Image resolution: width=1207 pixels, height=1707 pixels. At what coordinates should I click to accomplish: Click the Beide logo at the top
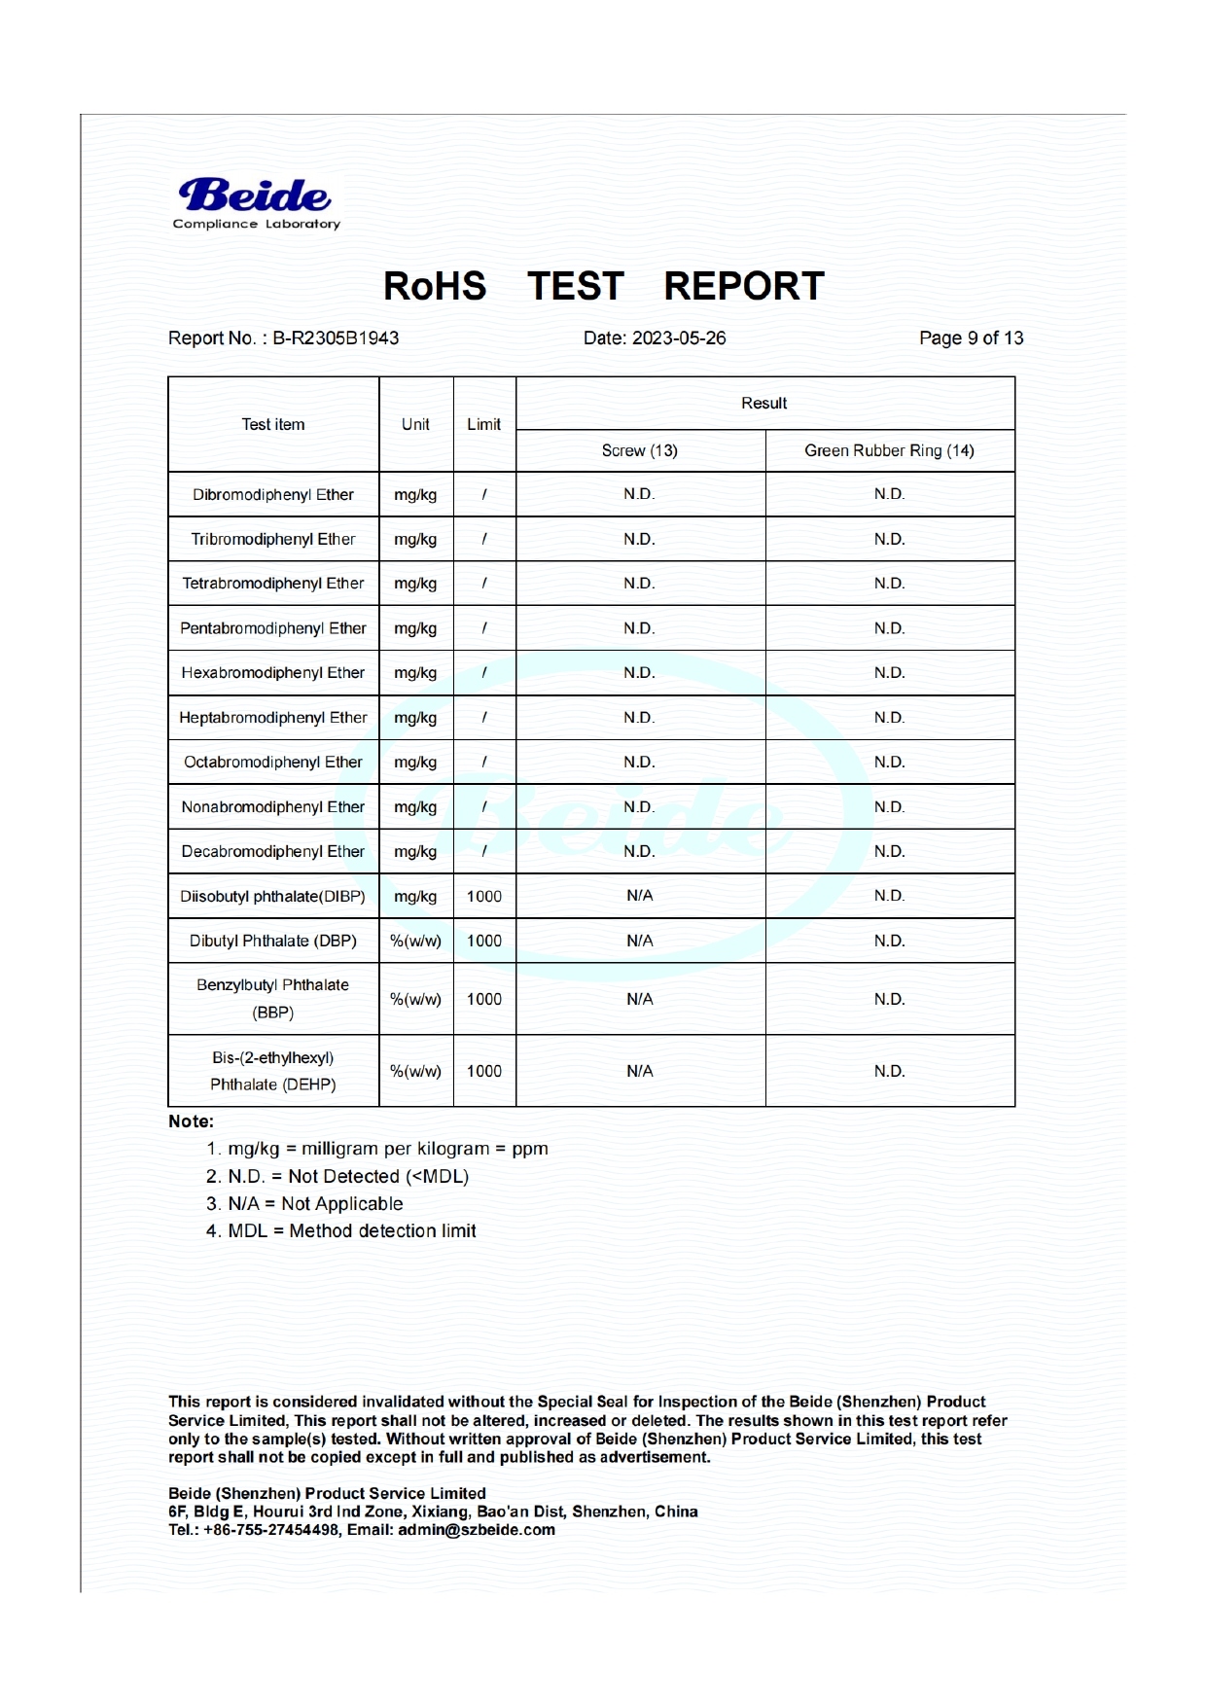255,202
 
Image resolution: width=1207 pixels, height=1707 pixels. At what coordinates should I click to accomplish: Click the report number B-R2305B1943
336,338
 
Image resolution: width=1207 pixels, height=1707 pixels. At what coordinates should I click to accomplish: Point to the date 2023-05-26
679,338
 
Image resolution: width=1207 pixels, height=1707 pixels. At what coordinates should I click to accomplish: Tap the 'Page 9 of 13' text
971,338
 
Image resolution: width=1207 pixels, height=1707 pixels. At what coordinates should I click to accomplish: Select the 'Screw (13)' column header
639,451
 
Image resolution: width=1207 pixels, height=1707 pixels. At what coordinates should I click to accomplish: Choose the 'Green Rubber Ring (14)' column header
889,451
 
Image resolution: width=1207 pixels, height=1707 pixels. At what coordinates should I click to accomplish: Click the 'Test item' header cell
273,425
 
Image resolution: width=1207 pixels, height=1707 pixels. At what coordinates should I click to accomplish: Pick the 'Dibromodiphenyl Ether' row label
273,495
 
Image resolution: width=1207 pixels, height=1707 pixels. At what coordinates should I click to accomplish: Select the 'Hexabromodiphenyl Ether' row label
273,673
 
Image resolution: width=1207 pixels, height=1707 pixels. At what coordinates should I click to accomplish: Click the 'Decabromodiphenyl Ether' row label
273,852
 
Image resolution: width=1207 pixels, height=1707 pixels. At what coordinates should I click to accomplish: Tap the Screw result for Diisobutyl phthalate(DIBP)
639,896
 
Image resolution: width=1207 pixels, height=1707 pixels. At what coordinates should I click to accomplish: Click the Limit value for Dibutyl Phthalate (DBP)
483,942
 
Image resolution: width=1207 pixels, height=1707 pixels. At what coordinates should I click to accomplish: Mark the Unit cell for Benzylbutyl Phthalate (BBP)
415,1000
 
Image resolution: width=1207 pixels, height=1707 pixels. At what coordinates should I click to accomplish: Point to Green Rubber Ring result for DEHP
889,1072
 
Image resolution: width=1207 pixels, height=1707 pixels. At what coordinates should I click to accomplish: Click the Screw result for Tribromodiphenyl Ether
639,540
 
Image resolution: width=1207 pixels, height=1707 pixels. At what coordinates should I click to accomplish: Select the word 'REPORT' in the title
744,287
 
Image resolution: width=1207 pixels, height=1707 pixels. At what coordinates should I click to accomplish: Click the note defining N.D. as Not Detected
337,1177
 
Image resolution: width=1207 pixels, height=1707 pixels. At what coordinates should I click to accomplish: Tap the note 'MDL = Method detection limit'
341,1231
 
